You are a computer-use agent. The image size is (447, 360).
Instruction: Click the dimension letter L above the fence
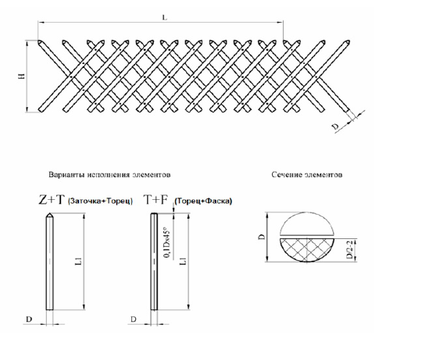click(164, 17)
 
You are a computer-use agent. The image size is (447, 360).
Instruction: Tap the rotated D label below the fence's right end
click(336, 127)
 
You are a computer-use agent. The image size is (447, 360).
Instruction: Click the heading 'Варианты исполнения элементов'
click(109, 174)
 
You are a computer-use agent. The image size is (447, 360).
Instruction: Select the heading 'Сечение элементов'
click(307, 174)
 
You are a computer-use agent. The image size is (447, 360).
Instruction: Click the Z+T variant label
click(52, 200)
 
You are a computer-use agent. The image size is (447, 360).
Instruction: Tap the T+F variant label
click(156, 200)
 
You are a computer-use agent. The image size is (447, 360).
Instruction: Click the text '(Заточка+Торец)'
click(100, 201)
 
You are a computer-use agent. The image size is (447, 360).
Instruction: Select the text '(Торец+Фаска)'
click(203, 201)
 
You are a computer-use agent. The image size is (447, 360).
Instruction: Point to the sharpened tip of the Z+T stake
click(49, 213)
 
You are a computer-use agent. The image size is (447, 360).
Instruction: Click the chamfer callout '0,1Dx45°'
click(167, 242)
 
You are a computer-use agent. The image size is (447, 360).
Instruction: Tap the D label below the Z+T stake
click(29, 319)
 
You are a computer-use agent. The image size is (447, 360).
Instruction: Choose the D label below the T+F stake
click(134, 319)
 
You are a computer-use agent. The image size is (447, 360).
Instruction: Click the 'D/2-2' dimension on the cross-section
click(349, 249)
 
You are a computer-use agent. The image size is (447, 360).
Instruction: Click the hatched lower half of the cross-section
click(307, 248)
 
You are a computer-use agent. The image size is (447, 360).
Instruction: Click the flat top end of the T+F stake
click(154, 214)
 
